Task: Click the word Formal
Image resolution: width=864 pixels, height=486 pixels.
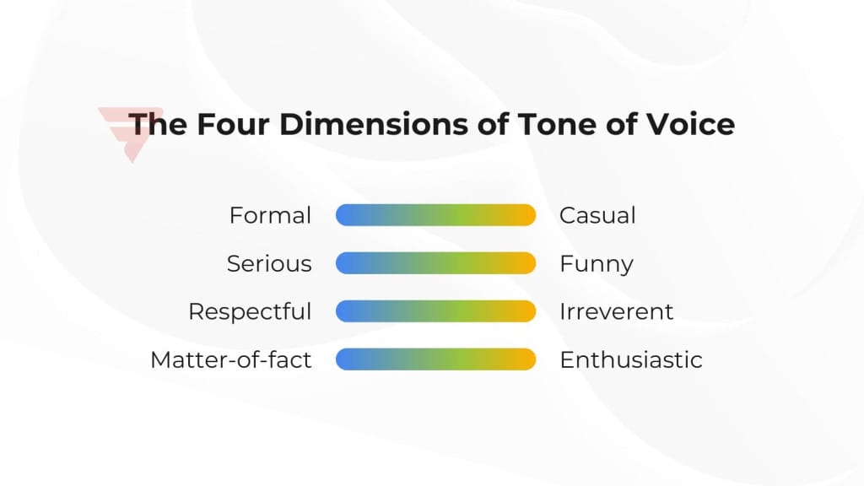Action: (x=270, y=215)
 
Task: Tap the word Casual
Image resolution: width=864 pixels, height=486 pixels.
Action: (x=597, y=215)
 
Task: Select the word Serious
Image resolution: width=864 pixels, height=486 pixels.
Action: (x=269, y=264)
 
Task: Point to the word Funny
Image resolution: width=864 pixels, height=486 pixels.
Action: (x=596, y=264)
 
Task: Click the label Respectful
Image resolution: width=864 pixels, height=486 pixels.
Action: (x=250, y=311)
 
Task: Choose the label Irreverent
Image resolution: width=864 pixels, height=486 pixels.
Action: (x=616, y=311)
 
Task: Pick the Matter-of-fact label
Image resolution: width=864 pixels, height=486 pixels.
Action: (x=231, y=360)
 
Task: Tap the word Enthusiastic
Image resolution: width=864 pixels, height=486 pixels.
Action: (x=630, y=360)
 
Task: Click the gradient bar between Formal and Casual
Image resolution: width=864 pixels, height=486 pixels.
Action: (x=435, y=215)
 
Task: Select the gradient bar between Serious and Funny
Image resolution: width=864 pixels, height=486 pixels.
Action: (x=435, y=263)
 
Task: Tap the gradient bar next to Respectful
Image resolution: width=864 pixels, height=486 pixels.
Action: (x=435, y=311)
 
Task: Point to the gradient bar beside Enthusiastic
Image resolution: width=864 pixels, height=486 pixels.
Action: (x=435, y=359)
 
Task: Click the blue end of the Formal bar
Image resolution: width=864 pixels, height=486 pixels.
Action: (x=346, y=215)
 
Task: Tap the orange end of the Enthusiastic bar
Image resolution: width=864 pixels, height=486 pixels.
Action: (x=526, y=359)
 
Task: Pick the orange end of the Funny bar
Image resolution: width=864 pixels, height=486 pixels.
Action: (x=526, y=263)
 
